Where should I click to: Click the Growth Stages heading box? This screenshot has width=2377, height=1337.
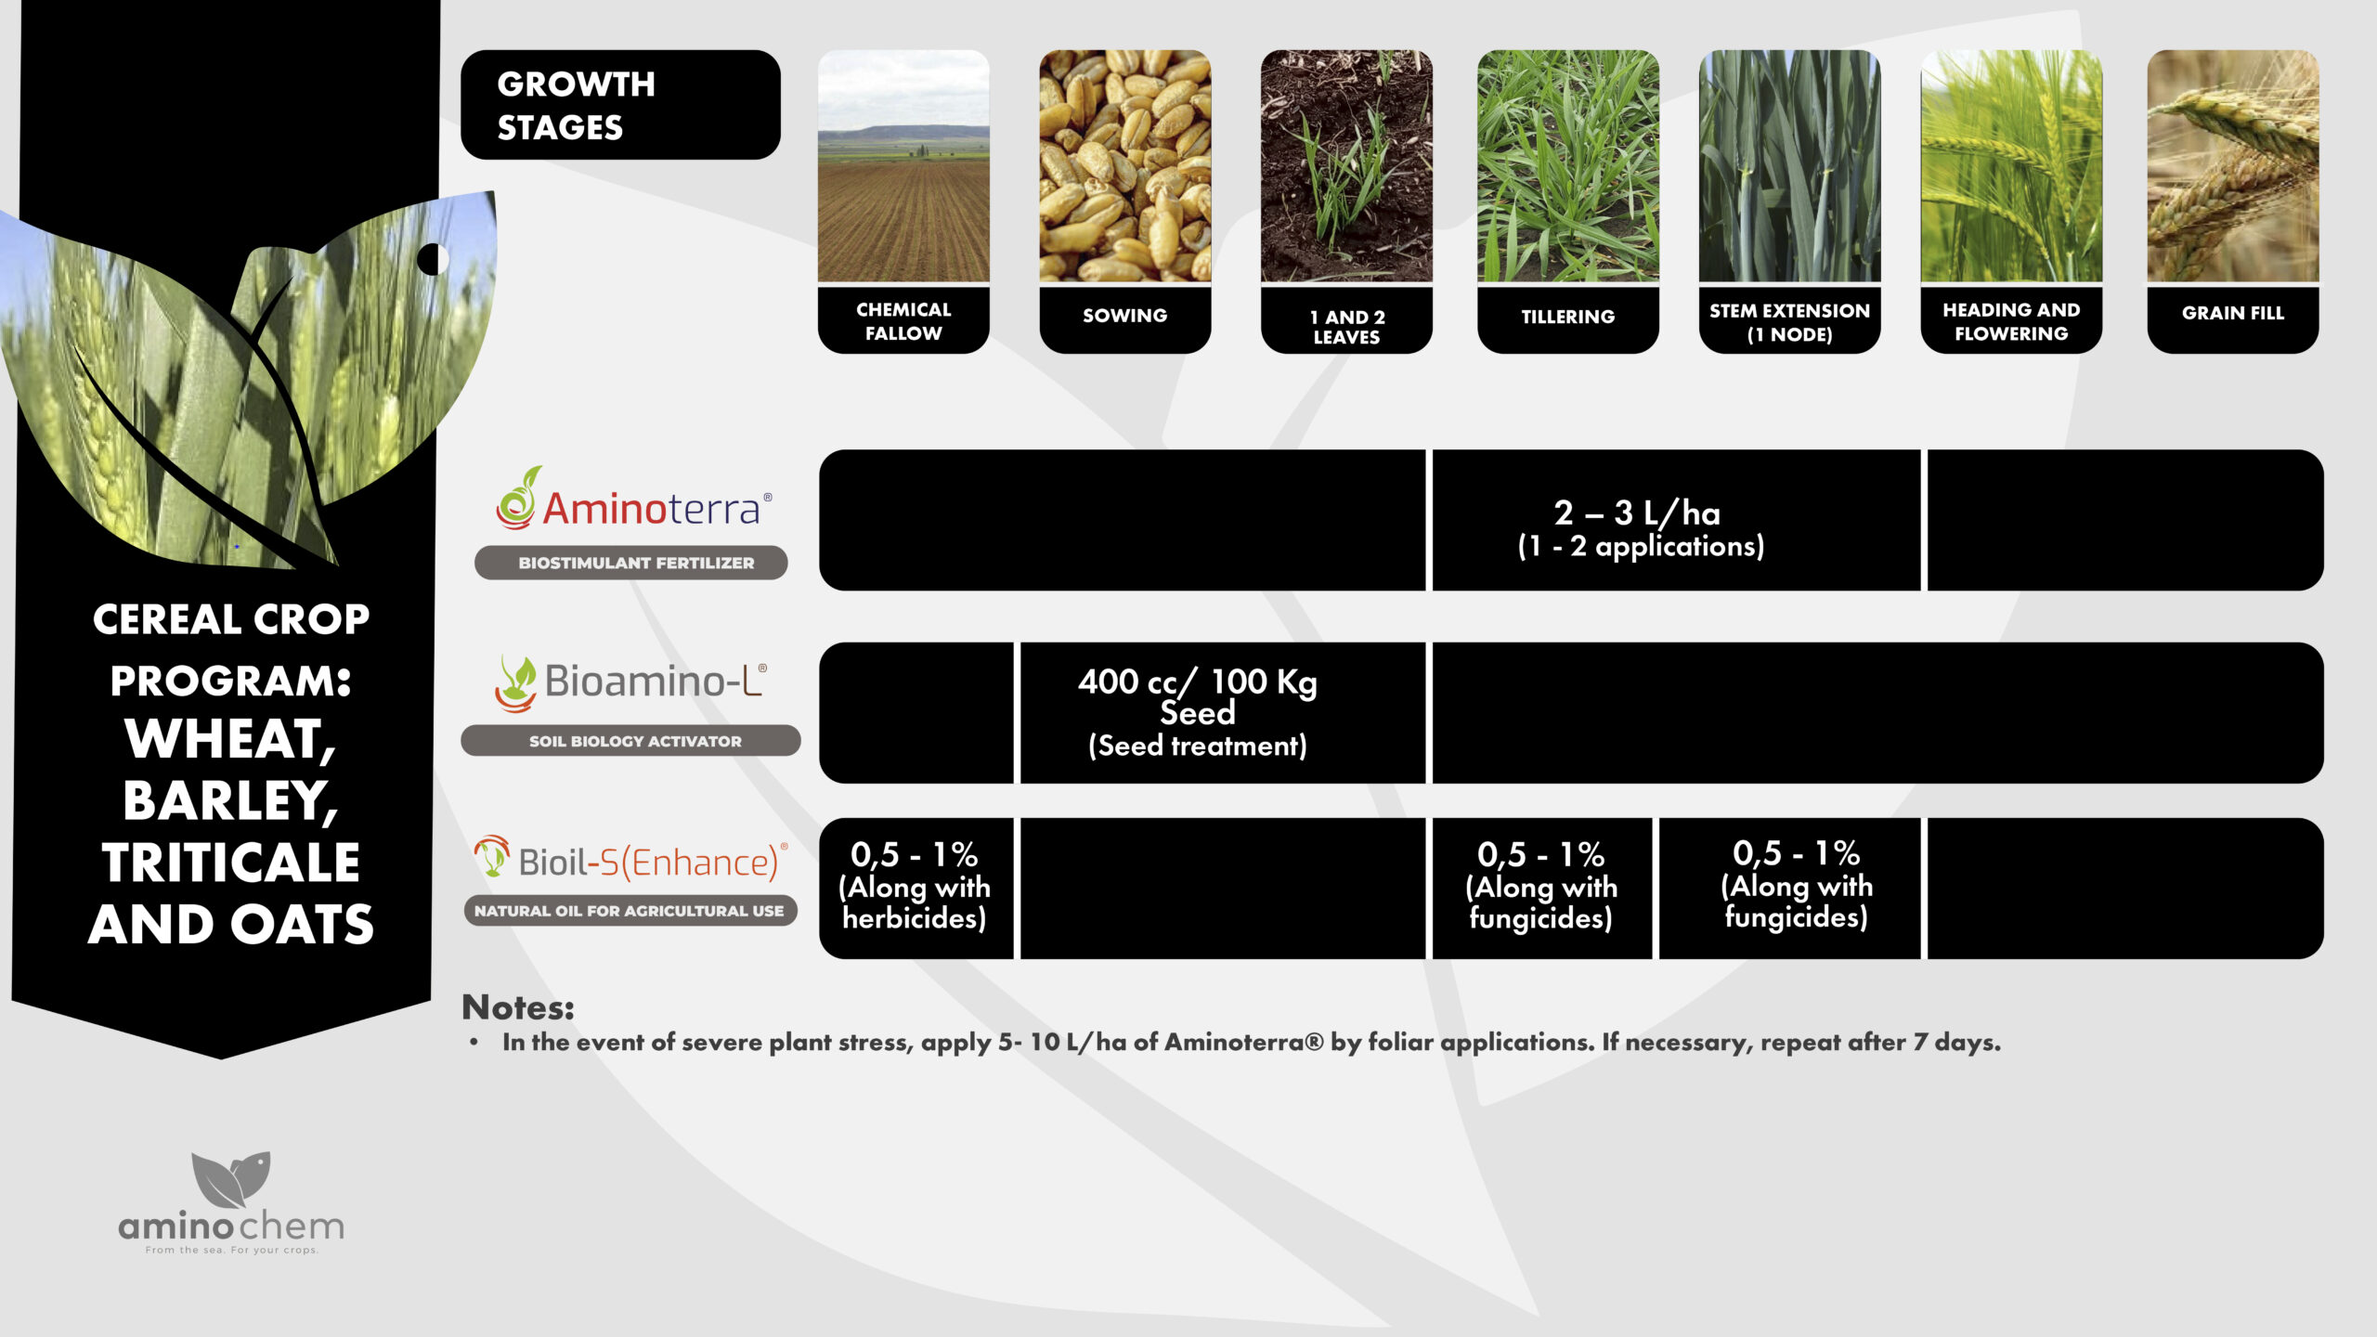point(620,105)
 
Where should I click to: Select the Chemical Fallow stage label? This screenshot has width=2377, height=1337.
point(903,320)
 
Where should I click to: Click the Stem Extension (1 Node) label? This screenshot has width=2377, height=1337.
point(1789,320)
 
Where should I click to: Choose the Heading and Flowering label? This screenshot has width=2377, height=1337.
point(2011,320)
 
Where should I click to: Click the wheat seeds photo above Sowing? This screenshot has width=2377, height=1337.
point(1124,166)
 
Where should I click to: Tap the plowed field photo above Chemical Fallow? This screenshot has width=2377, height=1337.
point(903,166)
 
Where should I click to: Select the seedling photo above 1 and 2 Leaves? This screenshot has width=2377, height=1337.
point(1346,166)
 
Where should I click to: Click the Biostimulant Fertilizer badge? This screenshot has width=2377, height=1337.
point(631,563)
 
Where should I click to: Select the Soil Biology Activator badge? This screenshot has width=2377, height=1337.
point(630,741)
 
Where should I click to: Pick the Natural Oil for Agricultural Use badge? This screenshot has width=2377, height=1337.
point(630,911)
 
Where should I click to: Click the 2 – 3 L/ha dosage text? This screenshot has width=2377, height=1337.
point(1637,513)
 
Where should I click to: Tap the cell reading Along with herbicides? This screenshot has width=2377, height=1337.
point(916,889)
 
